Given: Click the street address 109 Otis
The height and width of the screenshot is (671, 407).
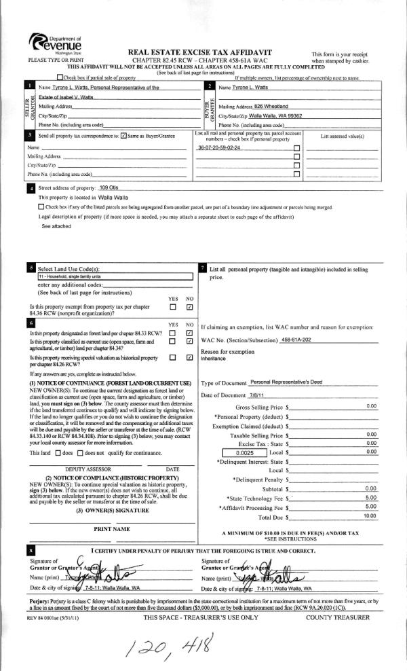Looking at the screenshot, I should pyautogui.click(x=109, y=187).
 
